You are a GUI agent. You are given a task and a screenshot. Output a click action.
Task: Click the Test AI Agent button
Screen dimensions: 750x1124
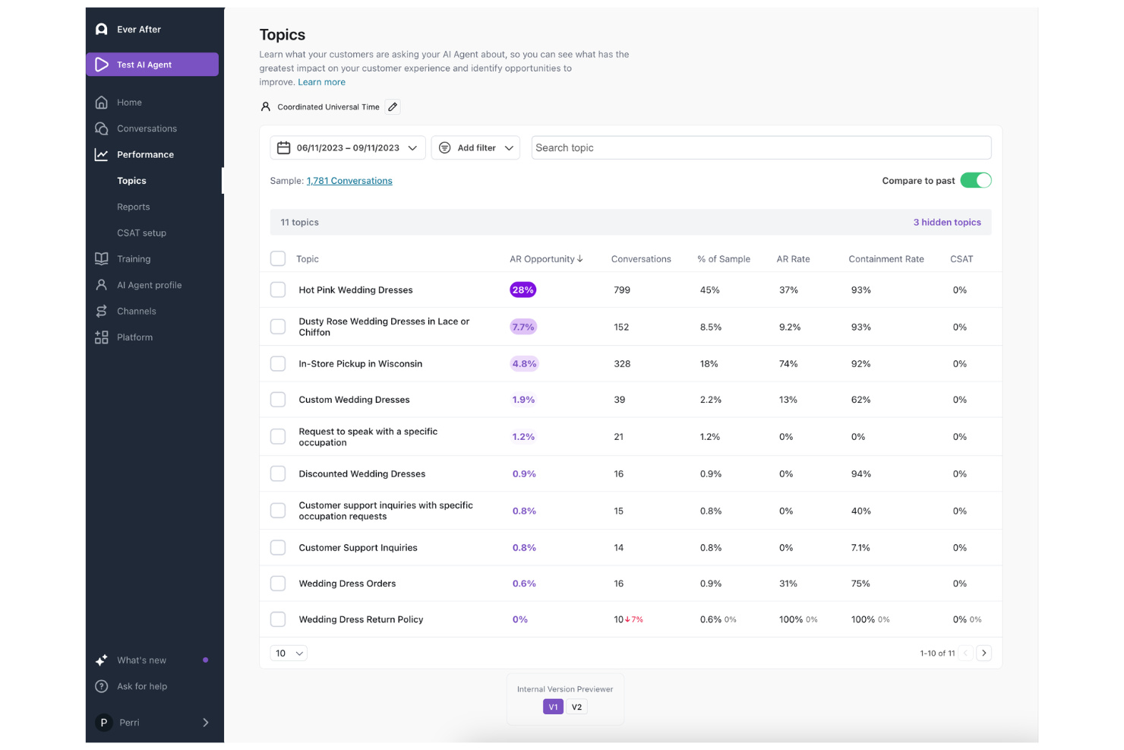click(152, 65)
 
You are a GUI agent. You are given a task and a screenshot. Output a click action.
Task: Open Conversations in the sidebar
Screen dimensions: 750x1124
click(147, 128)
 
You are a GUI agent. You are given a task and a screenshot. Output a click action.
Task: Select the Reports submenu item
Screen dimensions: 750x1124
click(133, 207)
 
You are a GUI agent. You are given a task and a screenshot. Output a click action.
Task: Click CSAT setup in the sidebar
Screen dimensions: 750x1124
click(141, 233)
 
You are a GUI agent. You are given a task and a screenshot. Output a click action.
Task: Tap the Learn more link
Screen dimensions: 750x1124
click(321, 82)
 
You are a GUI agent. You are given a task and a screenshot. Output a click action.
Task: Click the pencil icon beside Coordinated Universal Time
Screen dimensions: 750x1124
click(393, 107)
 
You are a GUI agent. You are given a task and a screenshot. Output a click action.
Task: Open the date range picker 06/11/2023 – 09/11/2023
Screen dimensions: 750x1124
click(347, 148)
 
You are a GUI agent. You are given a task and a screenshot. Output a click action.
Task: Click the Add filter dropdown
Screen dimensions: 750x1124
click(475, 148)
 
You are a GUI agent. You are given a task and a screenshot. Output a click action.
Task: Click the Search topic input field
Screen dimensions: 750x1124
click(760, 148)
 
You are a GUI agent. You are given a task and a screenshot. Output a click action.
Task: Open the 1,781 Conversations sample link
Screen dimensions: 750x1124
click(349, 181)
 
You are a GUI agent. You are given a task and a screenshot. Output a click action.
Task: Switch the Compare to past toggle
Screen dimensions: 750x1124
click(975, 181)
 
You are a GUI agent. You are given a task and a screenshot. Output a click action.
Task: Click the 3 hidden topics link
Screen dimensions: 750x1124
click(946, 223)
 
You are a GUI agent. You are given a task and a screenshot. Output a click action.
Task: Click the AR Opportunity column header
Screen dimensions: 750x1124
click(546, 259)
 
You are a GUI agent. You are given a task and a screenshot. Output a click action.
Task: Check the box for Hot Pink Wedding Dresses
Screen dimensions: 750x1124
click(278, 290)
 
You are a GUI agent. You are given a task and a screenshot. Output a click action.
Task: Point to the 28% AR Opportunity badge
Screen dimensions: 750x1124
click(523, 290)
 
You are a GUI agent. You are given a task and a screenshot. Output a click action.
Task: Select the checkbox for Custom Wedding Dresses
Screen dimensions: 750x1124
click(278, 400)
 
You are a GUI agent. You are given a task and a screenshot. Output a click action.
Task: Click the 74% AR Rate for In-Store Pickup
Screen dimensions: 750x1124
click(788, 364)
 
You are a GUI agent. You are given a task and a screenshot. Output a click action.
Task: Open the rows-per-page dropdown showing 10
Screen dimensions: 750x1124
click(289, 653)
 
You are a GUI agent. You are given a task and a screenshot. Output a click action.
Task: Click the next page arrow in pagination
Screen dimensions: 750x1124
click(984, 653)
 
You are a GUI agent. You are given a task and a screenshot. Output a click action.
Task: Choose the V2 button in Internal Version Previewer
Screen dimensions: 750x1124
click(576, 707)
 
